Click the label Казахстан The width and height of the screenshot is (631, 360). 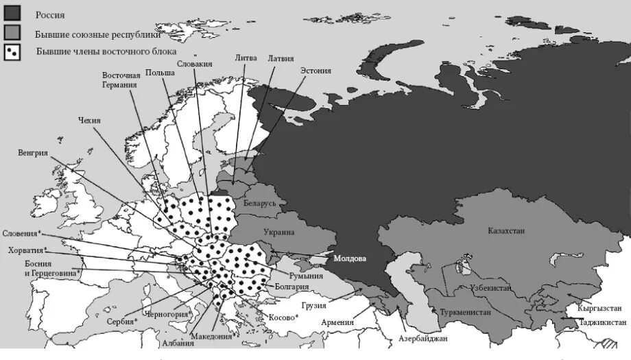click(x=506, y=231)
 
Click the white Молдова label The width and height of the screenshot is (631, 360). click(x=350, y=259)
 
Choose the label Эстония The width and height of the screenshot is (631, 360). click(x=315, y=70)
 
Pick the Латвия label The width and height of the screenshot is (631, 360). click(x=281, y=58)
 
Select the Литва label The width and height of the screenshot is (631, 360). click(x=246, y=58)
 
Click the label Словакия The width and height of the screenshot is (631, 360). click(x=194, y=64)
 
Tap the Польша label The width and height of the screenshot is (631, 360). click(x=159, y=71)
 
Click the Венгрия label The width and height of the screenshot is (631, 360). click(x=33, y=152)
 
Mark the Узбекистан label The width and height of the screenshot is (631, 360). click(x=490, y=289)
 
